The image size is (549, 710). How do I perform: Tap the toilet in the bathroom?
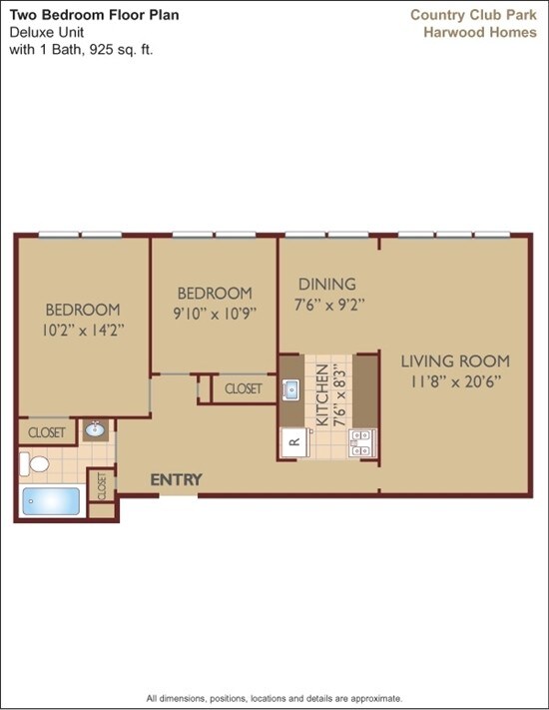[38, 463]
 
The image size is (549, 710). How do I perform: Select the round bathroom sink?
[96, 431]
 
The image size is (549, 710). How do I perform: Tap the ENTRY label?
[176, 480]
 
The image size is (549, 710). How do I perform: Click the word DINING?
[326, 285]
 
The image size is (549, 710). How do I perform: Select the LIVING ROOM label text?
[455, 361]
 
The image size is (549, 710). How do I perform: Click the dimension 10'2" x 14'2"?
[82, 329]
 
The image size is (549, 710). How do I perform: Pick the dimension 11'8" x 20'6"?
[455, 380]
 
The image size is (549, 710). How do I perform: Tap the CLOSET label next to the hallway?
[244, 388]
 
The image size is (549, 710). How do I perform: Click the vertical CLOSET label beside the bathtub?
[102, 486]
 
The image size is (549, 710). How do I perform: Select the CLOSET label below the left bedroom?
[46, 432]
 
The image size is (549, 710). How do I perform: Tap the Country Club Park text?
[473, 14]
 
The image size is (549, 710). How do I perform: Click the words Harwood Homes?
[480, 32]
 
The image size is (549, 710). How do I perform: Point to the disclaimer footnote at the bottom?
[274, 698]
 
